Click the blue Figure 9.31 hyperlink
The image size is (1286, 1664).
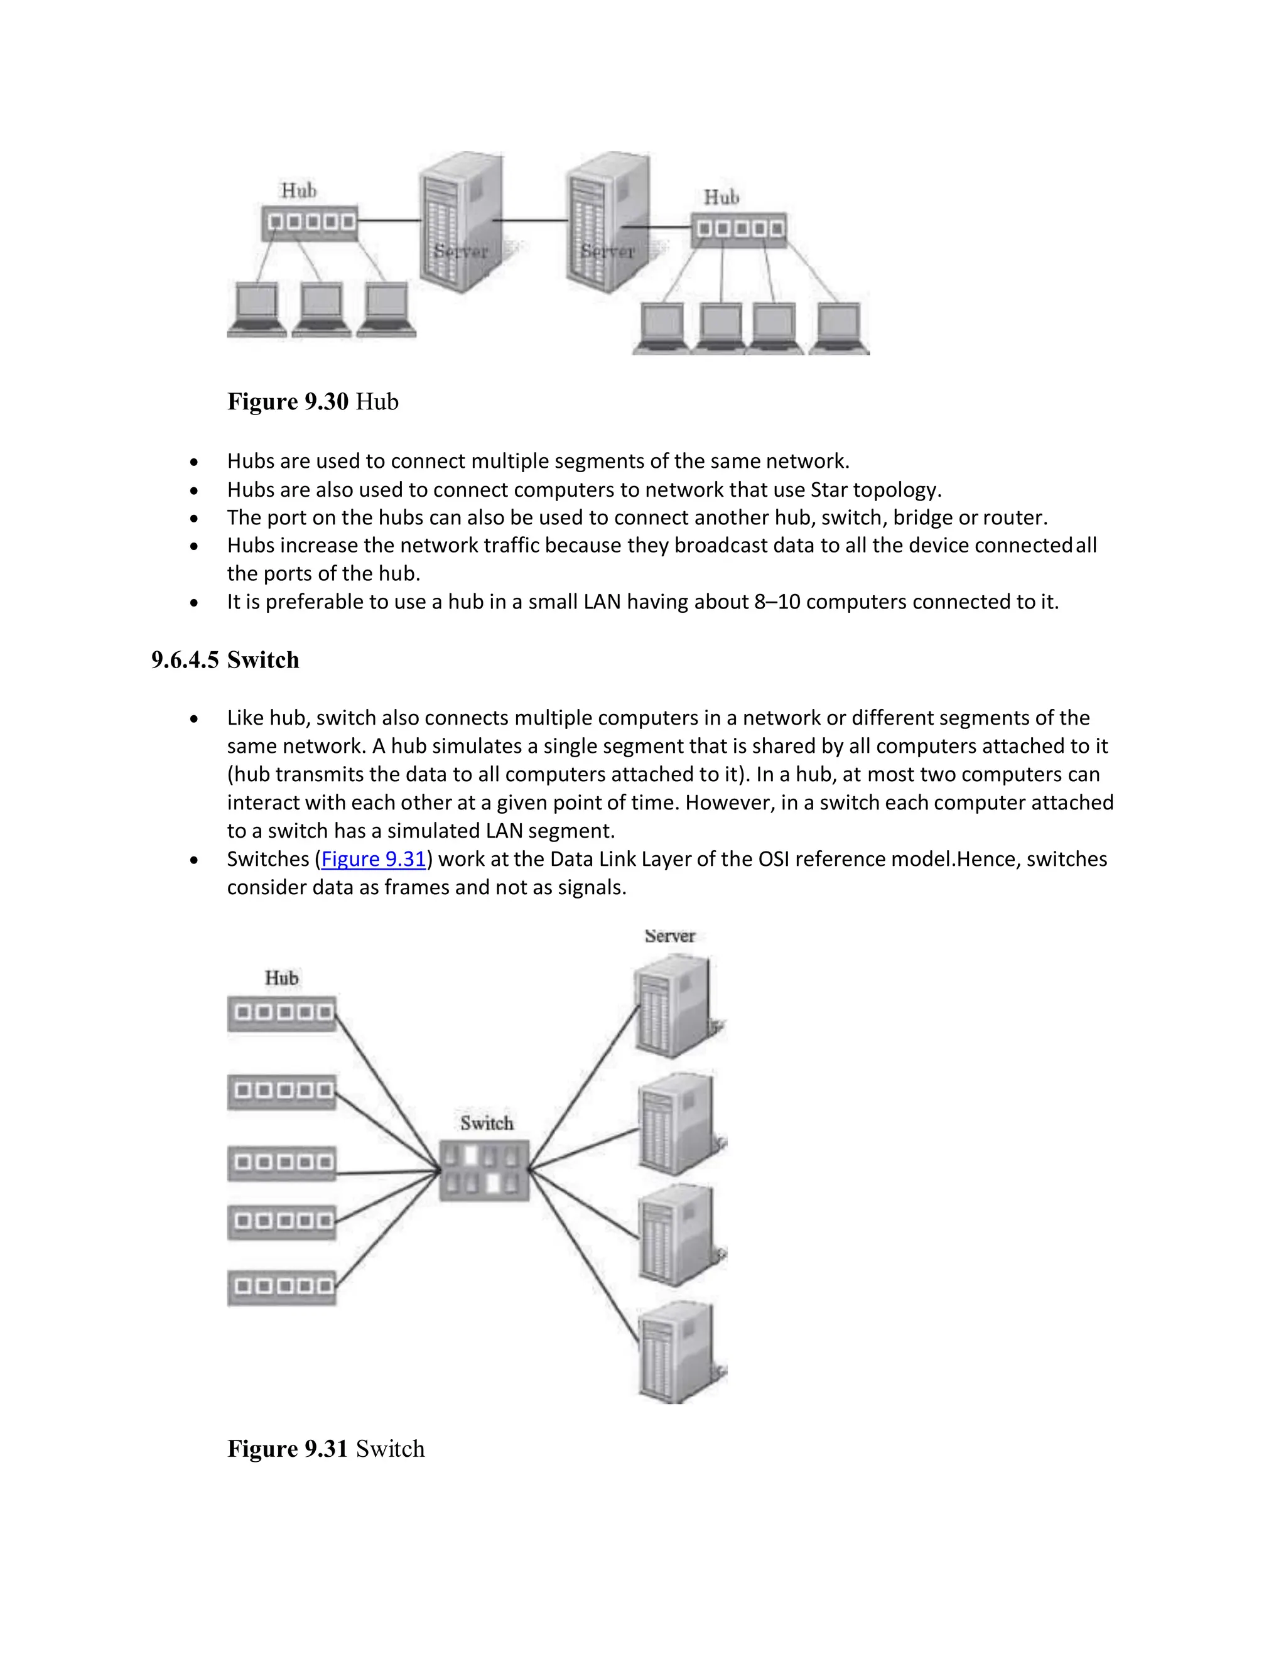click(374, 860)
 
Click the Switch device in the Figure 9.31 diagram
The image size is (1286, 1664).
click(485, 1170)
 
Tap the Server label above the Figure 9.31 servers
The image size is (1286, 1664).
click(669, 936)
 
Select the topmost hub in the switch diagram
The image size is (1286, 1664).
click(282, 1013)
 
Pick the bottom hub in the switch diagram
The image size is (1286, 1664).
click(282, 1288)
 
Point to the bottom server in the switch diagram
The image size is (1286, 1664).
click(676, 1353)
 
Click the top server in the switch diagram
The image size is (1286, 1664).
click(676, 1006)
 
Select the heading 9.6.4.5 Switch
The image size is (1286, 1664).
click(225, 660)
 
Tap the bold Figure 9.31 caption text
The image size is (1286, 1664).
click(288, 1449)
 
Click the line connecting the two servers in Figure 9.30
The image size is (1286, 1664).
click(532, 220)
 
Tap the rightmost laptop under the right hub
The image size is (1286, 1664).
click(838, 328)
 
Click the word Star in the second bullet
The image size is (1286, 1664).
click(829, 490)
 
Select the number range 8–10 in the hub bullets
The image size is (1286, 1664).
click(777, 602)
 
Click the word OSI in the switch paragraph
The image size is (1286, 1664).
click(774, 860)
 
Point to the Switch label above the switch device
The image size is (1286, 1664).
click(487, 1123)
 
